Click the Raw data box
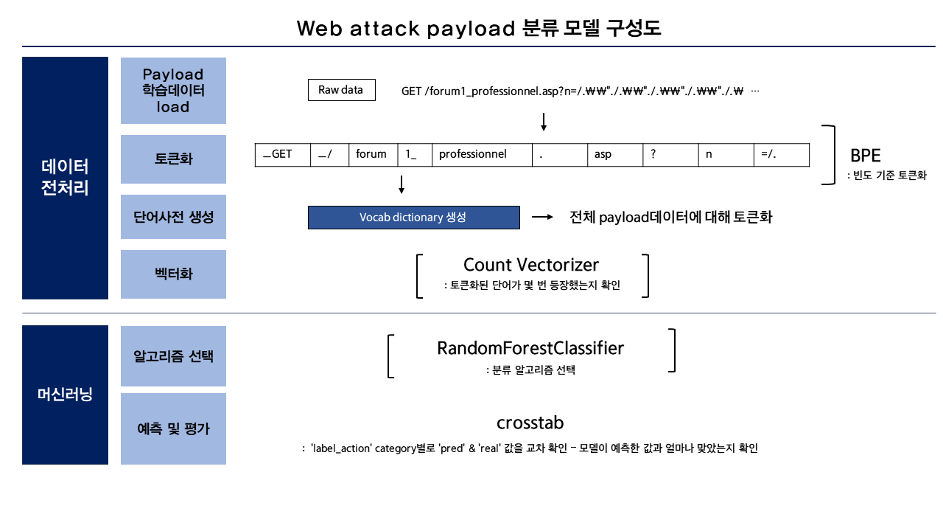coord(341,90)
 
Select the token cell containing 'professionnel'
coord(482,155)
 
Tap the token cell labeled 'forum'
coord(373,155)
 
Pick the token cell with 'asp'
coord(615,155)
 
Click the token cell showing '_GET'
coord(282,155)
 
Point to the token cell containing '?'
coord(670,155)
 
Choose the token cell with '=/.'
coord(781,155)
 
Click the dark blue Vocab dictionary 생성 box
coord(413,218)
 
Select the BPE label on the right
coord(865,156)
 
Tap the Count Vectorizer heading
coord(531,265)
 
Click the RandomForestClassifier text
coord(530,348)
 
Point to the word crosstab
coord(530,423)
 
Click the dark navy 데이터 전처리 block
coord(65,178)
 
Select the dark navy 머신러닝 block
coord(65,395)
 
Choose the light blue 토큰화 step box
coord(173,159)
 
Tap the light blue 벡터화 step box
coord(173,274)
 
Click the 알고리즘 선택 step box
coord(173,356)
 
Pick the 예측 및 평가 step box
coord(173,428)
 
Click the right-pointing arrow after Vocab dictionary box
coord(542,218)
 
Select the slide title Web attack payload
coord(478,29)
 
